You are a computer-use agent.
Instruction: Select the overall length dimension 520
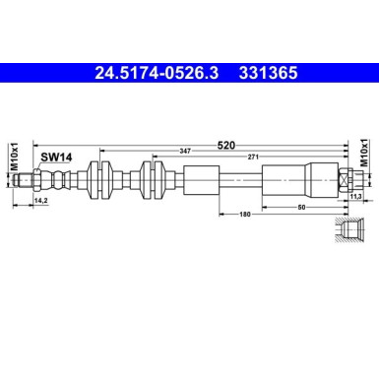click(225, 144)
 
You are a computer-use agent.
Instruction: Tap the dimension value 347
click(186, 151)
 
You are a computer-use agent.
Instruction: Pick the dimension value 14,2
click(41, 201)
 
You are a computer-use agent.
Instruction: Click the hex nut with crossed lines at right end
click(345, 180)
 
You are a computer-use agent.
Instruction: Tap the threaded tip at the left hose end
click(36, 180)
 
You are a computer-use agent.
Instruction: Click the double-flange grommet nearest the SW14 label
click(97, 180)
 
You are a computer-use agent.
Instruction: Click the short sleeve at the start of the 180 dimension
click(203, 180)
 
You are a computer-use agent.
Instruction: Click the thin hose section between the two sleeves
click(241, 180)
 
